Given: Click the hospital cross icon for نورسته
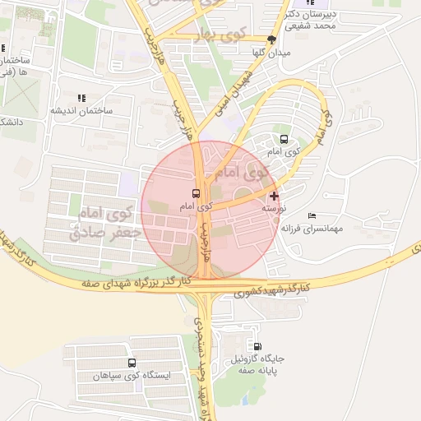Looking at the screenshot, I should coord(274,196).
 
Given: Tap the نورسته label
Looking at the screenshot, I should coord(274,209).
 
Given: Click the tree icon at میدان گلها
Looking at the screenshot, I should coord(272,38).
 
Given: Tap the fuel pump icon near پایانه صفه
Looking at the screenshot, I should coord(260,347).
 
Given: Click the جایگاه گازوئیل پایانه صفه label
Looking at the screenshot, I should coord(258,365).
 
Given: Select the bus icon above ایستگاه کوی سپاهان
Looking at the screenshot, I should coord(132,363).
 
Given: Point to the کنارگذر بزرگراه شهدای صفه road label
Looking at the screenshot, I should coord(136,282).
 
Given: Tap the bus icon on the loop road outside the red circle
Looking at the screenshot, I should coord(284,139).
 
